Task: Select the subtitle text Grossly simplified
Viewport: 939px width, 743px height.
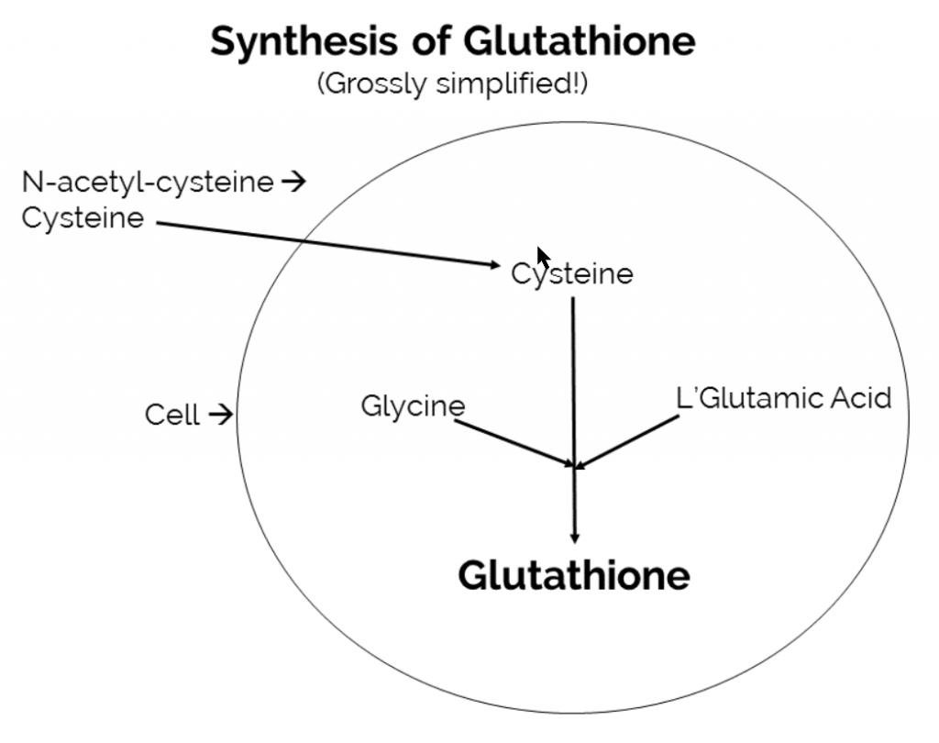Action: pyautogui.click(x=452, y=84)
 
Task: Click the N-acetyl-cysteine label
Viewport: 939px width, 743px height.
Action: pyautogui.click(x=148, y=183)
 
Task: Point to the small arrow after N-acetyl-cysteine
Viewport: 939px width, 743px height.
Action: pyautogui.click(x=293, y=182)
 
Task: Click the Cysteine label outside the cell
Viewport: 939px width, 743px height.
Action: pyautogui.click(x=83, y=218)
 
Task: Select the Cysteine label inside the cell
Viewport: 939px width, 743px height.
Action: pyautogui.click(x=572, y=274)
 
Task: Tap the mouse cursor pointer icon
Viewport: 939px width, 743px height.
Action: pyautogui.click(x=543, y=257)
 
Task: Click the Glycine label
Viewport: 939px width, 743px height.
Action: pyautogui.click(x=413, y=405)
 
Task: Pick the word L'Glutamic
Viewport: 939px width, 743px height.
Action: pyautogui.click(x=740, y=399)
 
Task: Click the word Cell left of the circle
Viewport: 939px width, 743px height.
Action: pyautogui.click(x=171, y=416)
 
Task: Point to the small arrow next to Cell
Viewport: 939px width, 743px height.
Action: pyautogui.click(x=220, y=416)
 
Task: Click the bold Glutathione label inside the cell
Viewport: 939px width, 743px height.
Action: pyautogui.click(x=574, y=575)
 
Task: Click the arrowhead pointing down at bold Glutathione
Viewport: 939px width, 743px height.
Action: pyautogui.click(x=575, y=536)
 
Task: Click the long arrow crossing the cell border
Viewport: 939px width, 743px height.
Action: pyautogui.click(x=321, y=243)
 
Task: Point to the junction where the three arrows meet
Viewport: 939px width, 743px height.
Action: pyautogui.click(x=575, y=467)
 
